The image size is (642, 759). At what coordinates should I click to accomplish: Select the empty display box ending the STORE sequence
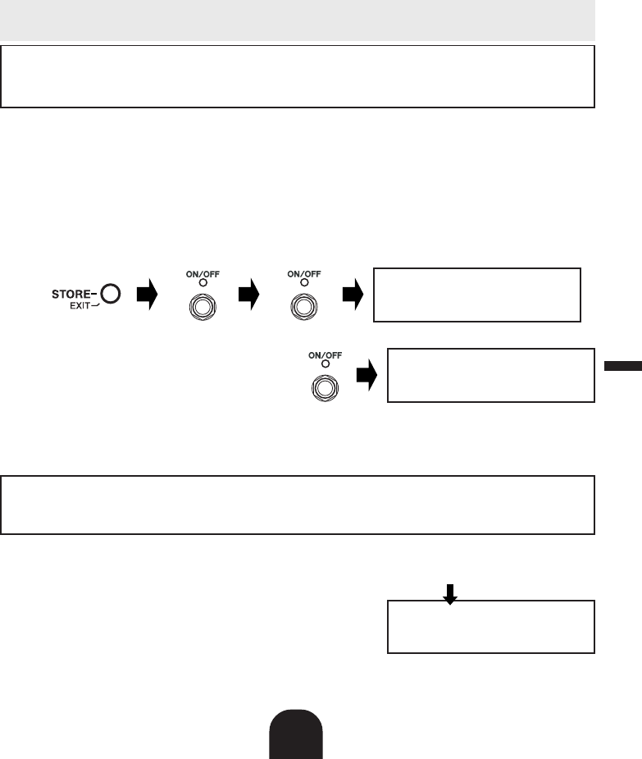pyautogui.click(x=477, y=294)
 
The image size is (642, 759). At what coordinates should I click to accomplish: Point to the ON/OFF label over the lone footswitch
pyautogui.click(x=324, y=354)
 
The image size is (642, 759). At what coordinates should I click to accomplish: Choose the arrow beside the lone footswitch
pyautogui.click(x=367, y=376)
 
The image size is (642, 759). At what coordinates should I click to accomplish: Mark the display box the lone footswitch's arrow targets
pyautogui.click(x=490, y=375)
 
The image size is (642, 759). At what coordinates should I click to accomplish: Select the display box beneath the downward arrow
pyautogui.click(x=490, y=627)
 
